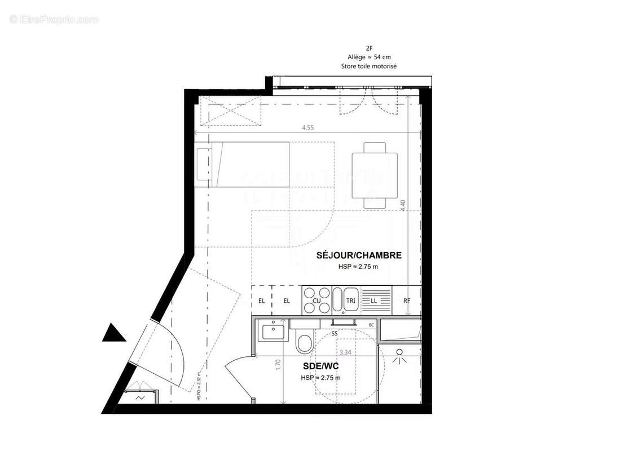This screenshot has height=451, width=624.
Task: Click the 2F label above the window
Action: (x=369, y=48)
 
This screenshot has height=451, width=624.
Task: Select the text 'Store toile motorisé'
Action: (x=369, y=66)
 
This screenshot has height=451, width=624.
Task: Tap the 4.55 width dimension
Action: (x=307, y=128)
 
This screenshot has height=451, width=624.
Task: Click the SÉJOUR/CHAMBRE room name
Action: (x=359, y=255)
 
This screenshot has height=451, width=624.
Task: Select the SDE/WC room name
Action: (x=320, y=366)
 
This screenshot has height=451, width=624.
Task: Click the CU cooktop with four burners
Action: (x=317, y=300)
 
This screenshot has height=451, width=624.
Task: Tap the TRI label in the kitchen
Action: (x=350, y=301)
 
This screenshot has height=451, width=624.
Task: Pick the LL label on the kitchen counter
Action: (x=373, y=301)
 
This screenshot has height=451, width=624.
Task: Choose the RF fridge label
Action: (x=407, y=301)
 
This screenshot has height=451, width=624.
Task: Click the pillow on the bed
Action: (x=203, y=164)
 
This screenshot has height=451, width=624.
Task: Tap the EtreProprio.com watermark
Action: (x=54, y=19)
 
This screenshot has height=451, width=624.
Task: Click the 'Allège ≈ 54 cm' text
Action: (x=369, y=57)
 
